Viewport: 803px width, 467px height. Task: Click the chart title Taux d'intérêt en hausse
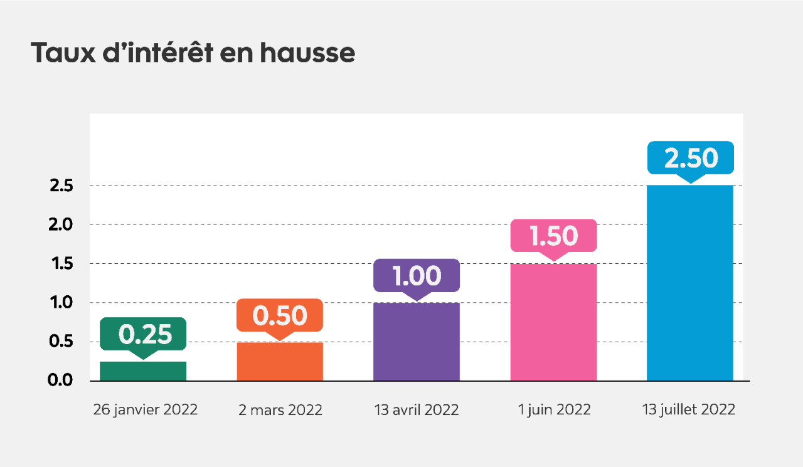pos(193,53)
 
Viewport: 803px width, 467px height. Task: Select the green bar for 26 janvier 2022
pos(143,371)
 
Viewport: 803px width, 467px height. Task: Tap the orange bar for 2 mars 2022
pos(280,362)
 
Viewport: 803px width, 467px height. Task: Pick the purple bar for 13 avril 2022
pos(417,342)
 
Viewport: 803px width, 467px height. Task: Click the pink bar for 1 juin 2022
pos(553,323)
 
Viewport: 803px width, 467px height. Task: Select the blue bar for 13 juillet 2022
pos(690,283)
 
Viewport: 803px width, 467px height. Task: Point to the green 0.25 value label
pos(144,334)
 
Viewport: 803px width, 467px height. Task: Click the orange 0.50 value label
pos(280,315)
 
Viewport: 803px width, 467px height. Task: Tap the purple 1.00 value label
pos(417,276)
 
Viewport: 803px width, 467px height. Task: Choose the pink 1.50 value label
pos(553,236)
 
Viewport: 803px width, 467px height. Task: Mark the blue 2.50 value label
pos(690,158)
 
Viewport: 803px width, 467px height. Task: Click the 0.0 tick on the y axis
pos(61,381)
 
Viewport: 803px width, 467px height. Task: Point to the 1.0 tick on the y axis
pos(61,303)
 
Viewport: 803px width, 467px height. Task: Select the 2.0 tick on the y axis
pos(61,225)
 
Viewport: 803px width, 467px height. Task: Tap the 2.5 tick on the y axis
pos(61,186)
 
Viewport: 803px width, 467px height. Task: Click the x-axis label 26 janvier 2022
pos(145,410)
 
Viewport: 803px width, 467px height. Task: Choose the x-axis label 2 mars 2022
pos(280,411)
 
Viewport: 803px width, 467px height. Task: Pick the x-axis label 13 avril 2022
pos(417,411)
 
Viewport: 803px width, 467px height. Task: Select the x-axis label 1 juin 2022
pos(554,410)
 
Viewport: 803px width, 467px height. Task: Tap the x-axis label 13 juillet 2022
pos(689,410)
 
